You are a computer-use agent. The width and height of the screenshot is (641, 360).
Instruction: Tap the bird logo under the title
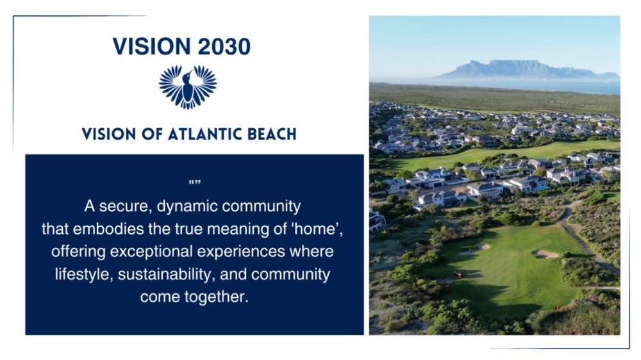pyautogui.click(x=188, y=87)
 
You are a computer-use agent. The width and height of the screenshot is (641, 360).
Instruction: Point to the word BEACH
pyautogui.click(x=272, y=135)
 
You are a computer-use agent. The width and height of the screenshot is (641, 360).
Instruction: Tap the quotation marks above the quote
pyautogui.click(x=195, y=182)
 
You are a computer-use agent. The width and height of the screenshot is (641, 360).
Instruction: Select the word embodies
pyautogui.click(x=108, y=229)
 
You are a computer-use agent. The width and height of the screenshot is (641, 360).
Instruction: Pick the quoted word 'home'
pyautogui.click(x=317, y=229)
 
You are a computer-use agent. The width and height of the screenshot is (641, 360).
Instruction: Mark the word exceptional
pyautogui.click(x=151, y=252)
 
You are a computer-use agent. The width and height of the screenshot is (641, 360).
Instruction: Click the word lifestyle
pyautogui.click(x=84, y=274)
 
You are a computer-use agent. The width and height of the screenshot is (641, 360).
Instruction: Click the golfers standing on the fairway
pyautogui.click(x=458, y=274)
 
